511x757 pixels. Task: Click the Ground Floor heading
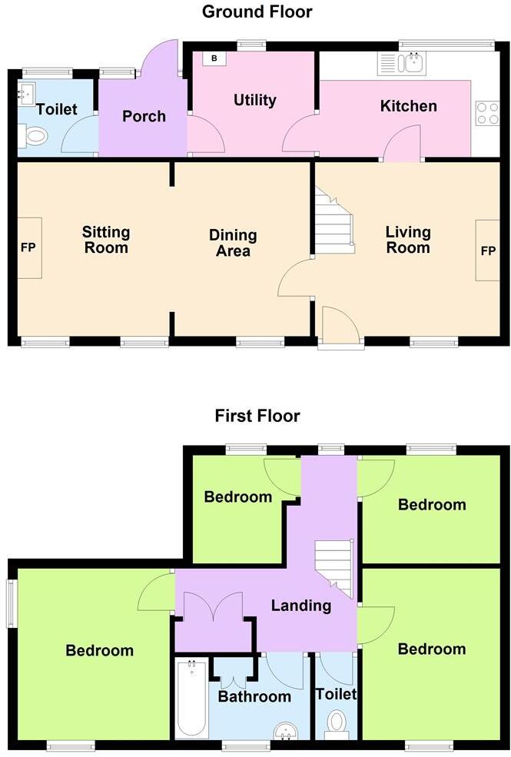pyautogui.click(x=257, y=12)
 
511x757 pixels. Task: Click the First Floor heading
pyautogui.click(x=257, y=416)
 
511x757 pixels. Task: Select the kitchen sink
pyautogui.click(x=401, y=63)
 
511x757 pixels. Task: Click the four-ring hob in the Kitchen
pyautogui.click(x=487, y=113)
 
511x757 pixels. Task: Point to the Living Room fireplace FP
pyautogui.click(x=487, y=251)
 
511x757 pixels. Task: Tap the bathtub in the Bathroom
pyautogui.click(x=191, y=699)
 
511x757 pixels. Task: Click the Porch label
pyautogui.click(x=144, y=116)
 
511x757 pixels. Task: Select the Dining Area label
pyautogui.click(x=233, y=243)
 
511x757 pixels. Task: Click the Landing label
pyautogui.click(x=300, y=606)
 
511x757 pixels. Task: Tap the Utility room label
pyautogui.click(x=254, y=101)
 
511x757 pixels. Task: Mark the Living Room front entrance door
pyautogui.click(x=340, y=327)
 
